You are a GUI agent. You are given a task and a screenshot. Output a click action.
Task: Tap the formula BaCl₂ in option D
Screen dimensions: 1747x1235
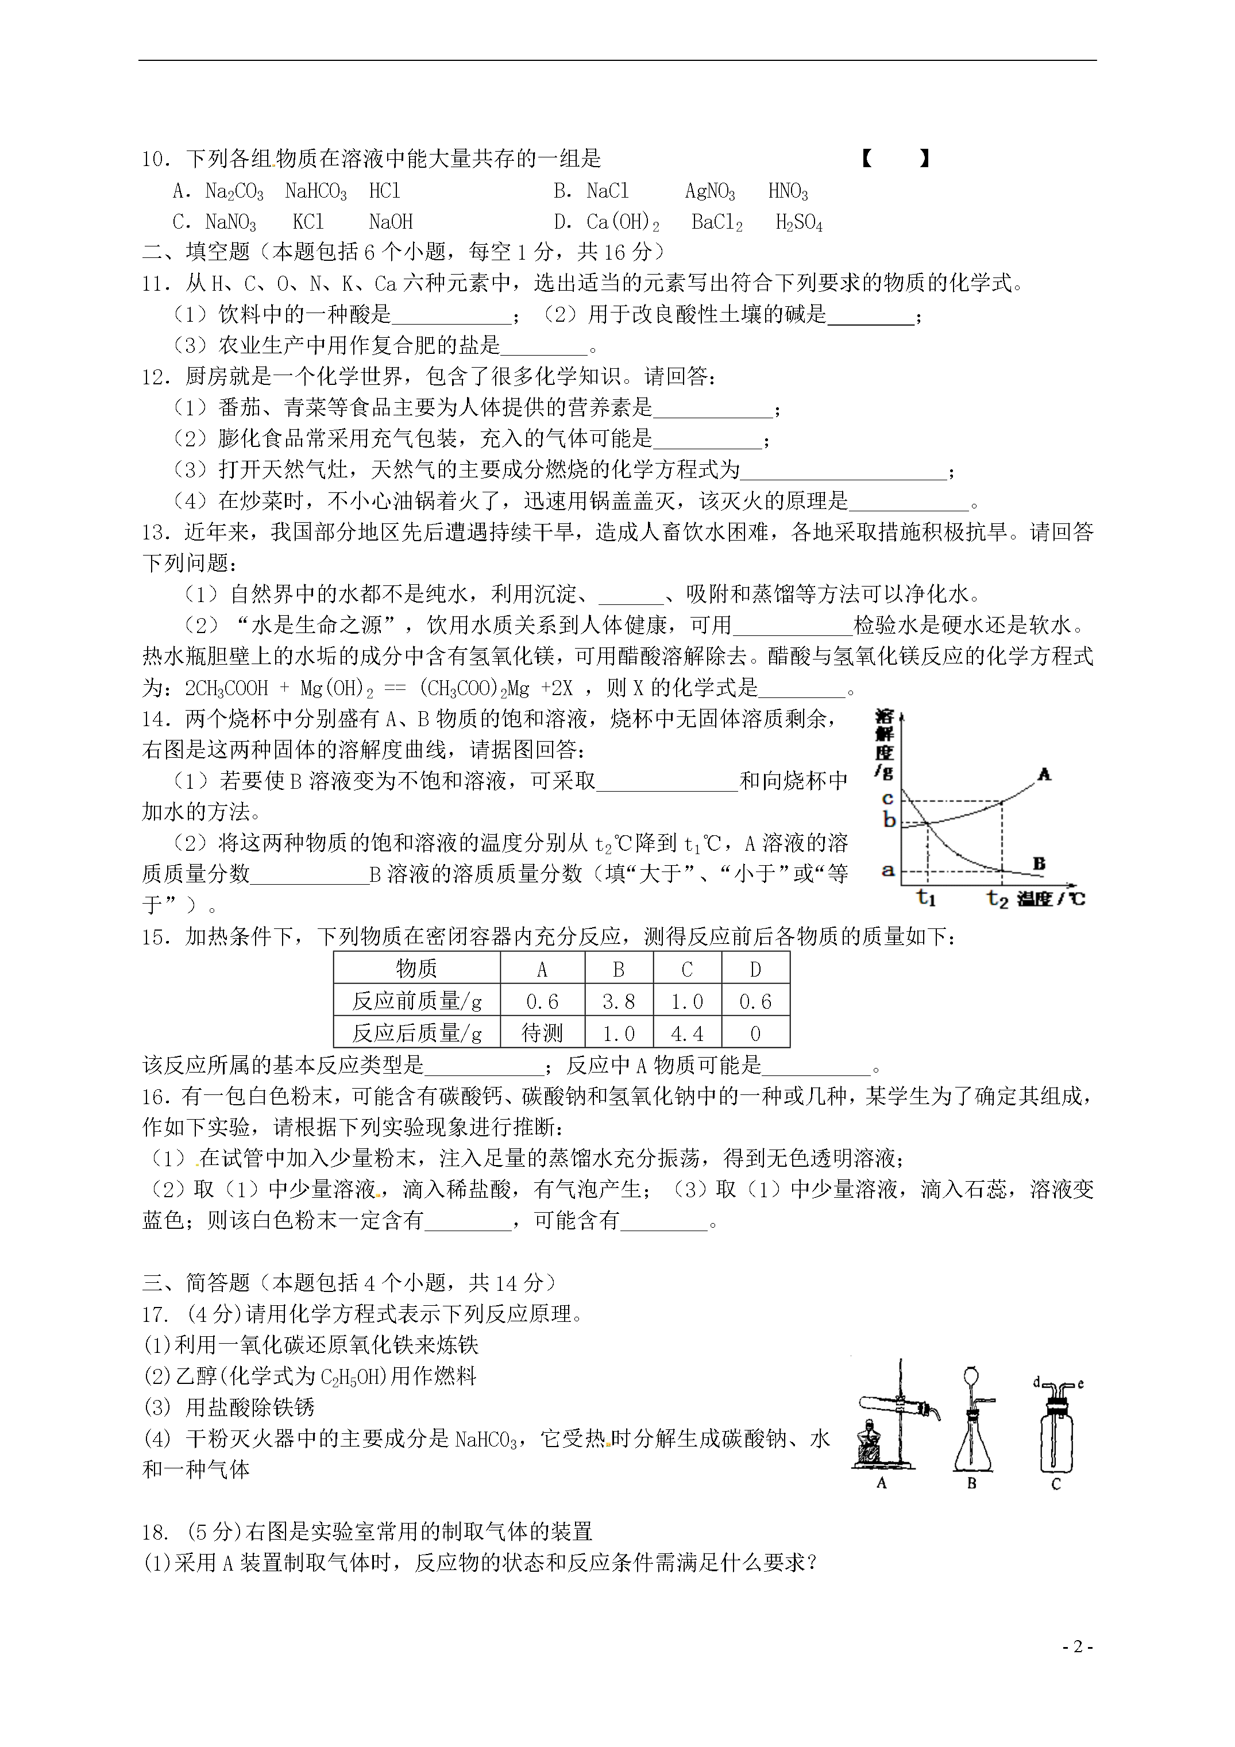(717, 222)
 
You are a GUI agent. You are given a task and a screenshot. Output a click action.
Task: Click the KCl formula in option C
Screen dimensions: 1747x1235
(308, 222)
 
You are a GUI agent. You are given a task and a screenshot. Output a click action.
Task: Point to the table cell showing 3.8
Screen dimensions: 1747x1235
(618, 1001)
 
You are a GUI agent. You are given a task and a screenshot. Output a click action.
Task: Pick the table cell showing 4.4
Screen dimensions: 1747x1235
(686, 1033)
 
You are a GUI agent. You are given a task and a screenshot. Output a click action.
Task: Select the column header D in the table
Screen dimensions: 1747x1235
(755, 969)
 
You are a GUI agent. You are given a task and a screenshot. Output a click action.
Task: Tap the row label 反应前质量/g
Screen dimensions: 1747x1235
(416, 1001)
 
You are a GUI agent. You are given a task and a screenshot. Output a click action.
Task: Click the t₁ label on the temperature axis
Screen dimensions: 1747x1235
(926, 898)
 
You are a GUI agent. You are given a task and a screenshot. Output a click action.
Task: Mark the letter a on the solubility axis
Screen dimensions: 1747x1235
(887, 870)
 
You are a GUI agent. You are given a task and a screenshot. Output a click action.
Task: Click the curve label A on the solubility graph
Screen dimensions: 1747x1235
(1044, 774)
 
